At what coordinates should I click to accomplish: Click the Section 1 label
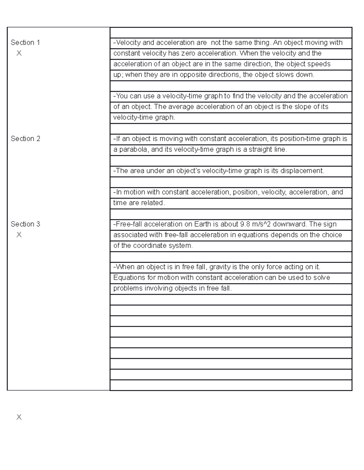click(x=25, y=43)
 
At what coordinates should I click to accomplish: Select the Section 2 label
click(x=25, y=139)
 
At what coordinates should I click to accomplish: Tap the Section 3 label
click(x=25, y=224)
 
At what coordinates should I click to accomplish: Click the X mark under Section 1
click(x=19, y=53)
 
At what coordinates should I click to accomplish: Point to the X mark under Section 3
click(x=19, y=235)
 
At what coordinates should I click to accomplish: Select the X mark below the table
click(x=19, y=417)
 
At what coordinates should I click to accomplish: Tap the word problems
click(x=128, y=288)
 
